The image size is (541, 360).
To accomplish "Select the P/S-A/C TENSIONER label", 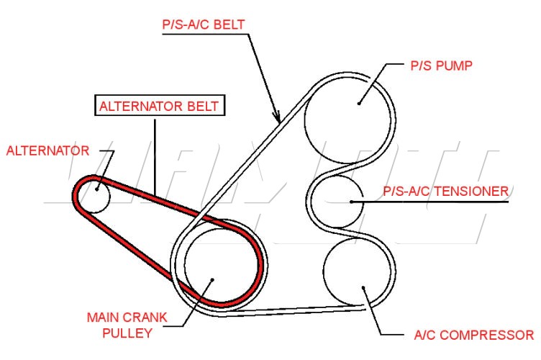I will (x=445, y=191).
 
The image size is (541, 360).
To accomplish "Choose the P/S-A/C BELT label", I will (x=202, y=24).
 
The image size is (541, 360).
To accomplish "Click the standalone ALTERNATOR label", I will (x=47, y=150).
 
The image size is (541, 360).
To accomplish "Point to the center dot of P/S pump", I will (x=359, y=102).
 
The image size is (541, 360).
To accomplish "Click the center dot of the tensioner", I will (x=351, y=202).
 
